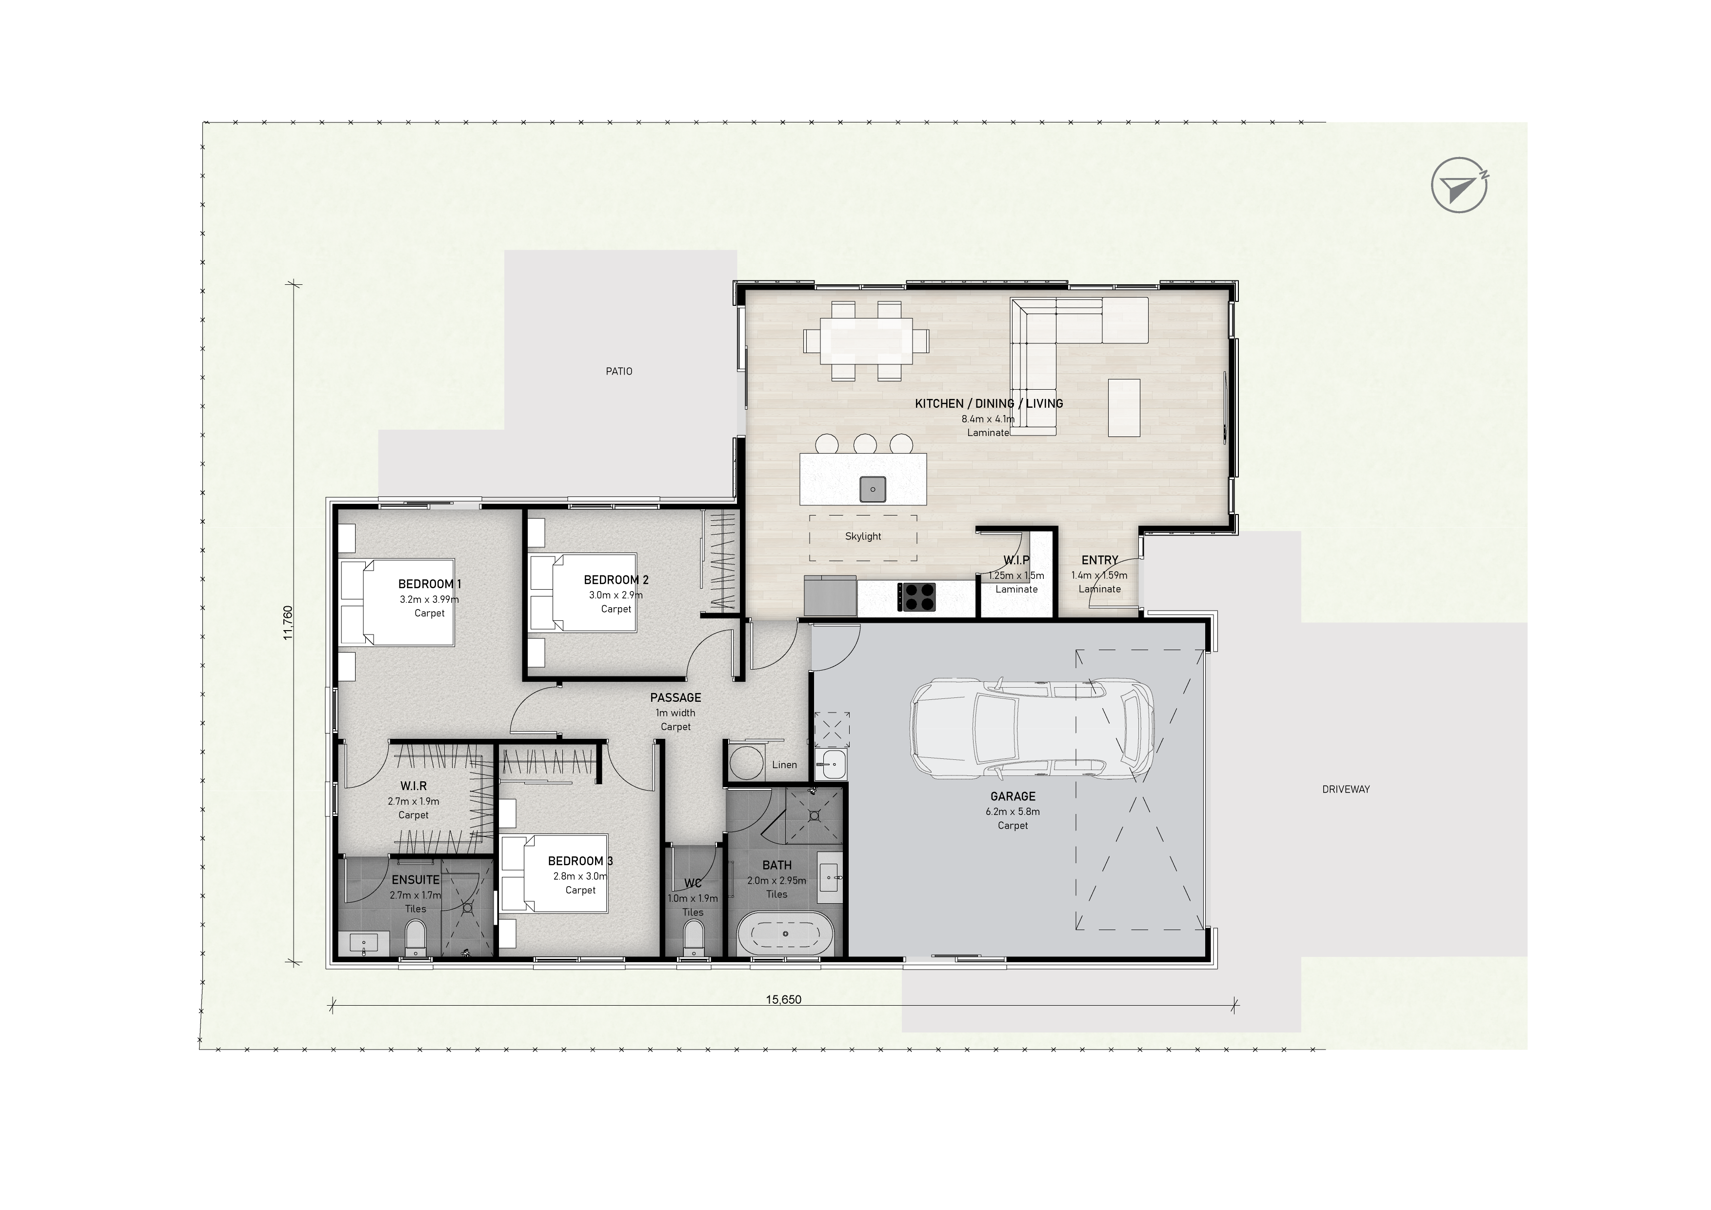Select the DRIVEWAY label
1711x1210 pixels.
(x=1346, y=789)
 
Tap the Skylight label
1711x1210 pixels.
(x=863, y=536)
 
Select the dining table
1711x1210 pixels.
(x=866, y=341)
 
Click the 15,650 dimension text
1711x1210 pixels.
(x=783, y=1000)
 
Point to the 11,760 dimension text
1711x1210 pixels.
(x=288, y=623)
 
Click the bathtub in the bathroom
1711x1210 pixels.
(x=785, y=933)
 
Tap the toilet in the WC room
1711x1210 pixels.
(x=693, y=937)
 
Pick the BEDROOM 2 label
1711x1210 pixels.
(x=617, y=580)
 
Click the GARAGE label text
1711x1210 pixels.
(x=1013, y=796)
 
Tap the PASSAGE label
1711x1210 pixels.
(x=675, y=697)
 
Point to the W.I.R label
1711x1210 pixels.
(x=414, y=786)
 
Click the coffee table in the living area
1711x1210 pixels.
(x=1124, y=408)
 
